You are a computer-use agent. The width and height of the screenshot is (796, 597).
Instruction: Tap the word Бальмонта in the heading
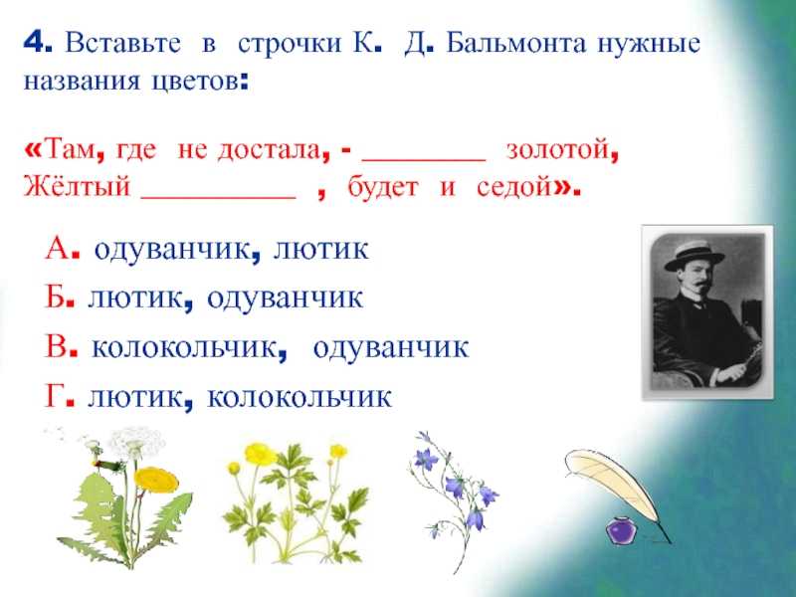515,43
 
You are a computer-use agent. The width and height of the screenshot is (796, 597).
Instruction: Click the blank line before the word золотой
424,160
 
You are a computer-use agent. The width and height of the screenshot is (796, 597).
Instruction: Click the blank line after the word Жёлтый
218,197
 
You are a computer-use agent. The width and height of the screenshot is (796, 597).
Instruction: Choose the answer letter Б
56,297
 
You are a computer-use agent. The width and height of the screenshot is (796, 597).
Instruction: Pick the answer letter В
56,346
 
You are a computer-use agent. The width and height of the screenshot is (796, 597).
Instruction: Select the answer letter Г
54,396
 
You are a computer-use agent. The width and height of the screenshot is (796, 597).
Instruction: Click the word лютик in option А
320,249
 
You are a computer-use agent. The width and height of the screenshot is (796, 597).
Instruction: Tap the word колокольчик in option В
184,347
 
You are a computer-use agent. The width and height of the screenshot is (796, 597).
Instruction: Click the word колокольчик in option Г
299,396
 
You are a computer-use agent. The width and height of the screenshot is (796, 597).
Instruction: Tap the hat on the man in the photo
695,256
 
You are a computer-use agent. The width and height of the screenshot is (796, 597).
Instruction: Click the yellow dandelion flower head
156,480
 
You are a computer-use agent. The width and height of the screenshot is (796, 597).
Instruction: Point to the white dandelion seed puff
135,443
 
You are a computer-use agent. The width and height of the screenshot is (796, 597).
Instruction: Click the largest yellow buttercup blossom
261,454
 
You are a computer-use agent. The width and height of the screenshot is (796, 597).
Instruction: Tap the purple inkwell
620,530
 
